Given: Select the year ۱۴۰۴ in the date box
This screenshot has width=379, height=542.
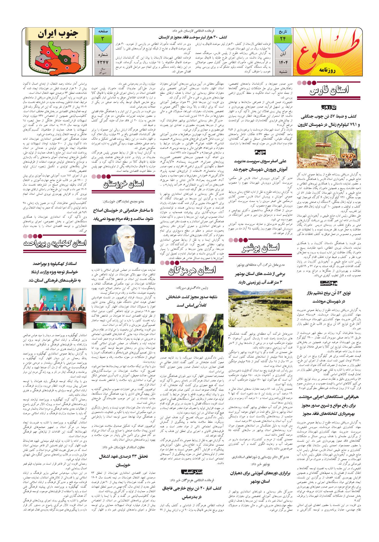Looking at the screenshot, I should pyautogui.click(x=283, y=62).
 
